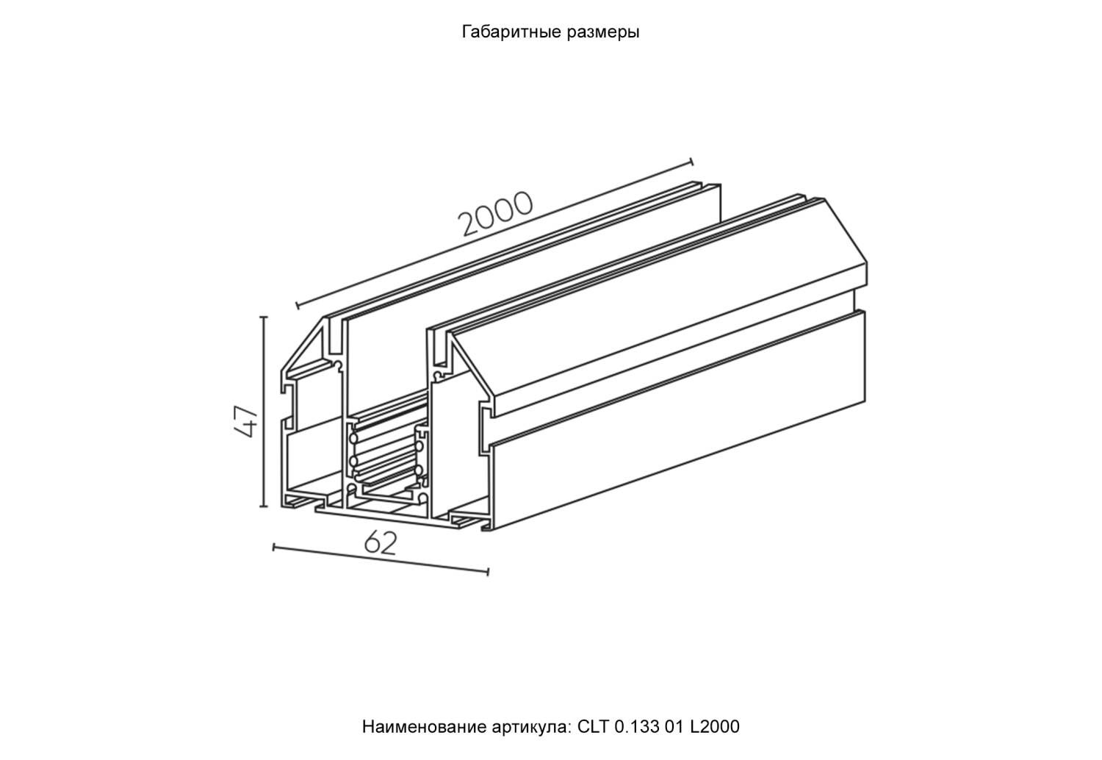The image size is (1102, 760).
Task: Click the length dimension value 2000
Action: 494,214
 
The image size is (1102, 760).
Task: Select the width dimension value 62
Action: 380,543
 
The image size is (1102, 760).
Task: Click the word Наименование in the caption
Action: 422,727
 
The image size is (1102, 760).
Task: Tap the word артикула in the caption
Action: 527,727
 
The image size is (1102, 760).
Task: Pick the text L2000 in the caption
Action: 716,727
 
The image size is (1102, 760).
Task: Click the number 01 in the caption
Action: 677,727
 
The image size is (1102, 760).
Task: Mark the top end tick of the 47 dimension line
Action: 264,318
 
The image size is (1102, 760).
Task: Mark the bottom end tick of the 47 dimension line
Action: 264,506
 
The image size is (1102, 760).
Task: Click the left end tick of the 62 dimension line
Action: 274,547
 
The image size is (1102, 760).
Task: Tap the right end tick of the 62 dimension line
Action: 488,571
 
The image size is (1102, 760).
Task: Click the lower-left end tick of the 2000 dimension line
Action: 296,304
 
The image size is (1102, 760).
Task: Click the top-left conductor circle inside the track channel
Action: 354,439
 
